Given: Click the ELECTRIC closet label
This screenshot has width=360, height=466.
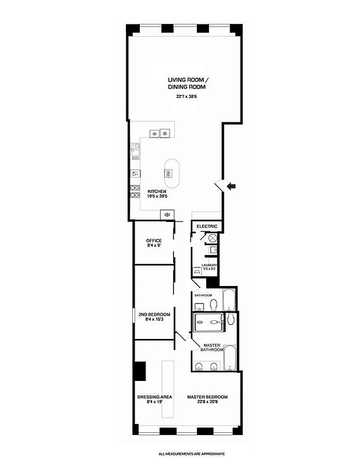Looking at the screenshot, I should click(x=207, y=226).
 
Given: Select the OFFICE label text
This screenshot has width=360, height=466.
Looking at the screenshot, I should click(x=154, y=241).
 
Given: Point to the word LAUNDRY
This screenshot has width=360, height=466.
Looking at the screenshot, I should click(x=209, y=265).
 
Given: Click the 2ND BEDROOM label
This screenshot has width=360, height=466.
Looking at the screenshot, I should click(x=154, y=315).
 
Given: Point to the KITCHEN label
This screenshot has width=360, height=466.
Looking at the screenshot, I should click(x=157, y=192).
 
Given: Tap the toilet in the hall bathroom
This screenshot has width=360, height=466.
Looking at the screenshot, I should click(x=214, y=304).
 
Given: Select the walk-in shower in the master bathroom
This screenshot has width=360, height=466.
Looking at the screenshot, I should click(x=209, y=322).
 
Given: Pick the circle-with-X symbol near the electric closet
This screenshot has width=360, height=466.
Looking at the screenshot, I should click(x=213, y=238).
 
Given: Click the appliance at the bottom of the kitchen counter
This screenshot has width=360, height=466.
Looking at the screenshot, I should click(x=167, y=215).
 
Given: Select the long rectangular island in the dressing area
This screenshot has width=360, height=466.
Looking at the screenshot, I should click(x=168, y=388).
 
